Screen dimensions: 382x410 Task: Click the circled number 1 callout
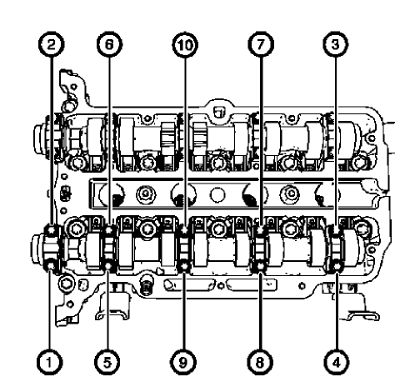[51, 361]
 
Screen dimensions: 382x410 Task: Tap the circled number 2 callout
[51, 46]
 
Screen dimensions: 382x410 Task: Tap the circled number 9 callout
[183, 361]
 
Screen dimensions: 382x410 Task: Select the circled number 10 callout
[183, 46]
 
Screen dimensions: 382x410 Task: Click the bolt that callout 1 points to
[52, 266]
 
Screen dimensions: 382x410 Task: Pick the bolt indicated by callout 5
[109, 266]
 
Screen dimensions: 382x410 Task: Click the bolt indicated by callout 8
[262, 266]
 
